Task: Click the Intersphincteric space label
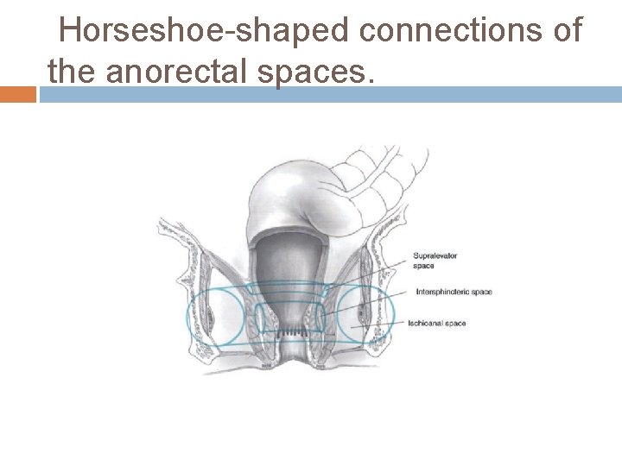pyautogui.click(x=454, y=292)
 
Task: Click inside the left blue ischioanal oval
pyautogui.click(x=216, y=317)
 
